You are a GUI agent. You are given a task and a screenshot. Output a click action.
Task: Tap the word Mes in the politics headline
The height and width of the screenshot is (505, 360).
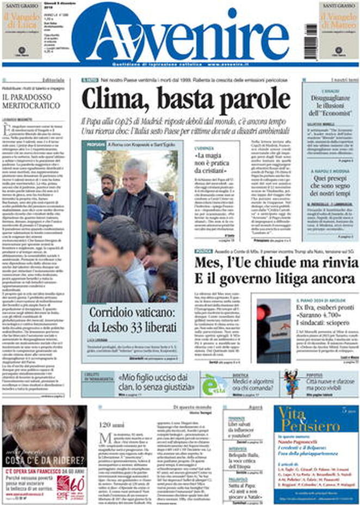[x=209, y=265]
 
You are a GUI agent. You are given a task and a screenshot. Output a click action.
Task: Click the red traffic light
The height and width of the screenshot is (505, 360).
[x=263, y=314]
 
